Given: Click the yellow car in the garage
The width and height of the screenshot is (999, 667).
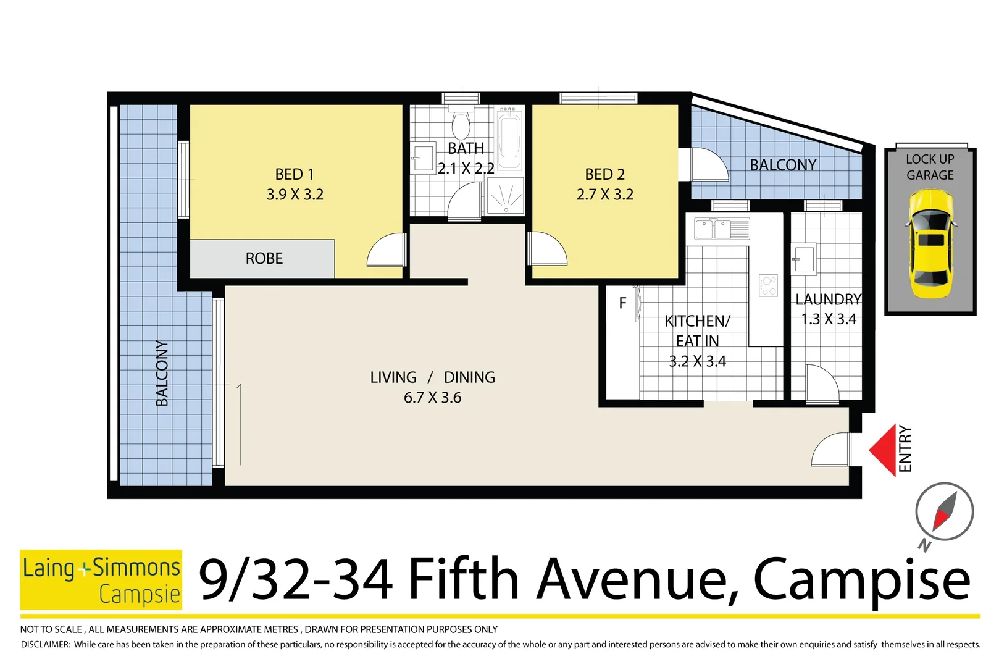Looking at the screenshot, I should coord(931,244).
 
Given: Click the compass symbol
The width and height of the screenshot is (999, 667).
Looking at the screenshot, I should coord(944,512).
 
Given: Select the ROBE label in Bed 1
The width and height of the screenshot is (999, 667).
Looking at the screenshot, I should coord(264,258).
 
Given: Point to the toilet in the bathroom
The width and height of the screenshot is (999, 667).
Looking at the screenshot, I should coord(461,125).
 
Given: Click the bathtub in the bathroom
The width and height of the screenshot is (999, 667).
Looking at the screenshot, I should coord(509,139).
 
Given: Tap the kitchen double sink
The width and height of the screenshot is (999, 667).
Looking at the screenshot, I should coord(721,229).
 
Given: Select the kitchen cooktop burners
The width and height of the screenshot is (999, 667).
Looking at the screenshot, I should coord(768,285).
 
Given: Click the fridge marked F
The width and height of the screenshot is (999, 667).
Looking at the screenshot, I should coord(622,303).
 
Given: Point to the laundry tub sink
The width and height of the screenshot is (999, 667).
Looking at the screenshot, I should coord(804,259).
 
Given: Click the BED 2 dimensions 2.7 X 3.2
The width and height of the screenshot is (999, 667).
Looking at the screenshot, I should coord(605,195).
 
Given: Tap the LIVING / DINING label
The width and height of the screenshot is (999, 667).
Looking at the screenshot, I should coord(432,377).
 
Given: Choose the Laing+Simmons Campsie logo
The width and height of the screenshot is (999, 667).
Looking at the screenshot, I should coord(101,580).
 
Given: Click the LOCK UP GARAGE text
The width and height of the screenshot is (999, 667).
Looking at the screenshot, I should coord(930,167).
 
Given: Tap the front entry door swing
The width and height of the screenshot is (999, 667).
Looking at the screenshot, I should coord(831,450).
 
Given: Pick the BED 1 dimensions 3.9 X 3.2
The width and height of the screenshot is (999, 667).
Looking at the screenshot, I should coord(295,195).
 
